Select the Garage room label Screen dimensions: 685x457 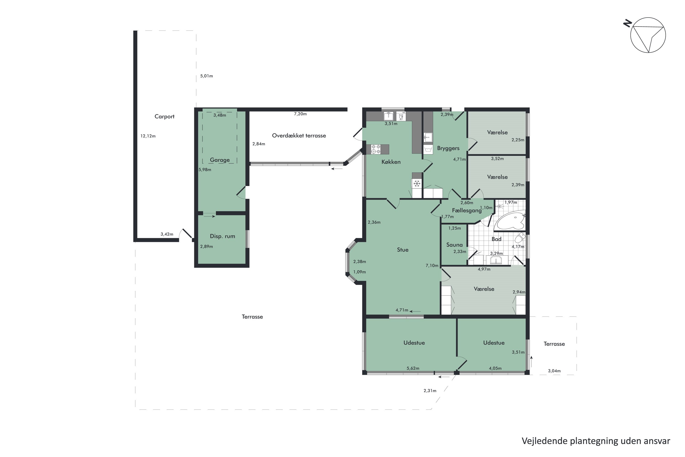(220, 160)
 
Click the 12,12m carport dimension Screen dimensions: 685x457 (148, 136)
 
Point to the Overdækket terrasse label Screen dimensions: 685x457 (299, 136)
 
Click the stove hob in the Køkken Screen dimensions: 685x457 (376, 149)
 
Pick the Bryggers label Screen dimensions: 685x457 (448, 148)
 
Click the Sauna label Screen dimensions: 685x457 (454, 245)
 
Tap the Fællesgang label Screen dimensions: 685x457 (466, 210)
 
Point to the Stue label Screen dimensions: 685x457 (403, 250)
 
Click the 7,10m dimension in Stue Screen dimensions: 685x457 (432, 266)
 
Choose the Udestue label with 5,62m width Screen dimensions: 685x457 (414, 343)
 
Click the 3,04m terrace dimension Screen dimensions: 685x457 (554, 371)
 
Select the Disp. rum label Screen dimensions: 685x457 (222, 236)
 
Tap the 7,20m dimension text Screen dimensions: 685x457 (300, 114)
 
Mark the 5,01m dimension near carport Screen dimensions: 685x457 (206, 76)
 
